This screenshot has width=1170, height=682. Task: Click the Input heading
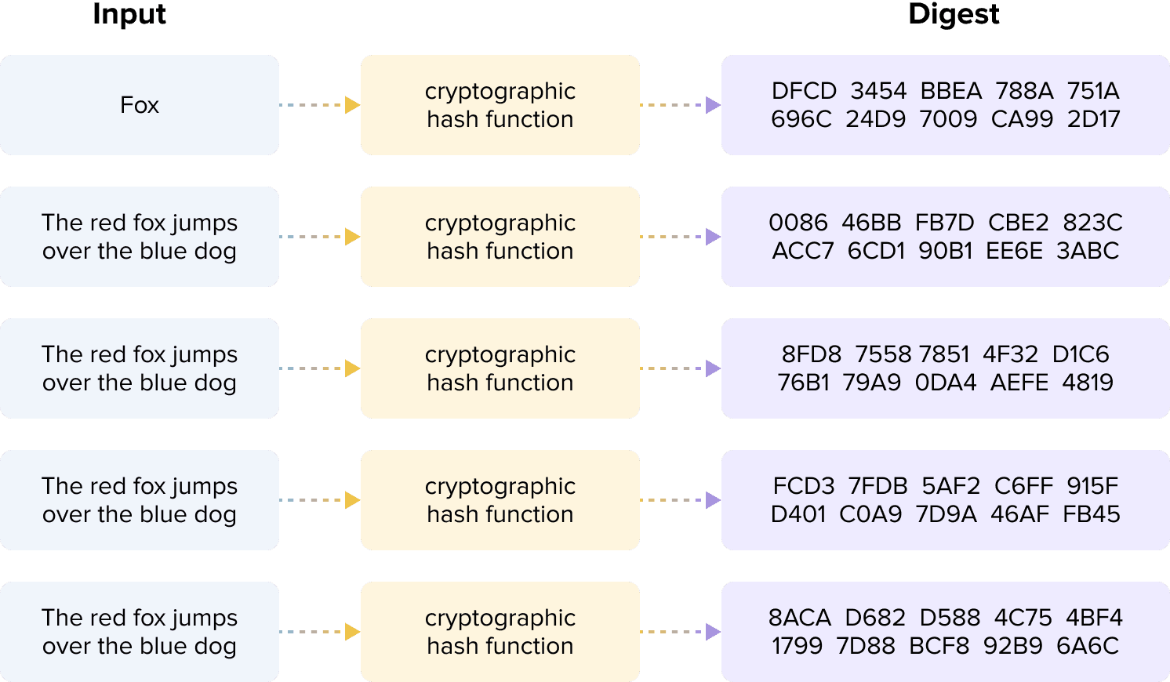click(x=129, y=14)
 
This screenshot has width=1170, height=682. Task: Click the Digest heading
click(x=954, y=14)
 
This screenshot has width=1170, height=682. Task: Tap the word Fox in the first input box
click(x=140, y=105)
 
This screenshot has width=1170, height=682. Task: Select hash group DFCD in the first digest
click(x=804, y=91)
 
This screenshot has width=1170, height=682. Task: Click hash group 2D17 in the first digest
click(x=1093, y=119)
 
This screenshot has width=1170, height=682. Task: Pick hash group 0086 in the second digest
click(x=798, y=223)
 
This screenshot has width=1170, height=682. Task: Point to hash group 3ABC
click(x=1088, y=251)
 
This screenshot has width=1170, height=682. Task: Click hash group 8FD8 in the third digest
click(x=811, y=354)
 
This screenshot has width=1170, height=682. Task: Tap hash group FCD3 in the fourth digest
click(x=804, y=486)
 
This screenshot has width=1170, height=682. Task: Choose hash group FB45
click(x=1092, y=514)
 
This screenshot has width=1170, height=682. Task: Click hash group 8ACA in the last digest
click(x=800, y=618)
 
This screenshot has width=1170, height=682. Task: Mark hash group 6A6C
click(x=1088, y=646)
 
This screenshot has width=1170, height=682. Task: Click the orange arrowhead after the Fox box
click(x=352, y=105)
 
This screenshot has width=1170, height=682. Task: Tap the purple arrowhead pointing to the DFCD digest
click(x=713, y=105)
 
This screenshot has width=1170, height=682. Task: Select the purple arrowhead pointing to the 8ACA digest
click(x=713, y=632)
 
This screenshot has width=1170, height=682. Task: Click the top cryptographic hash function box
click(x=500, y=105)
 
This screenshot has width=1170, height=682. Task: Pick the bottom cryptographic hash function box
click(x=500, y=632)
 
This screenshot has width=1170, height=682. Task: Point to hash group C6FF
click(x=1023, y=486)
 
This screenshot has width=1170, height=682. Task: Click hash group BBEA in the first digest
click(x=950, y=91)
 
